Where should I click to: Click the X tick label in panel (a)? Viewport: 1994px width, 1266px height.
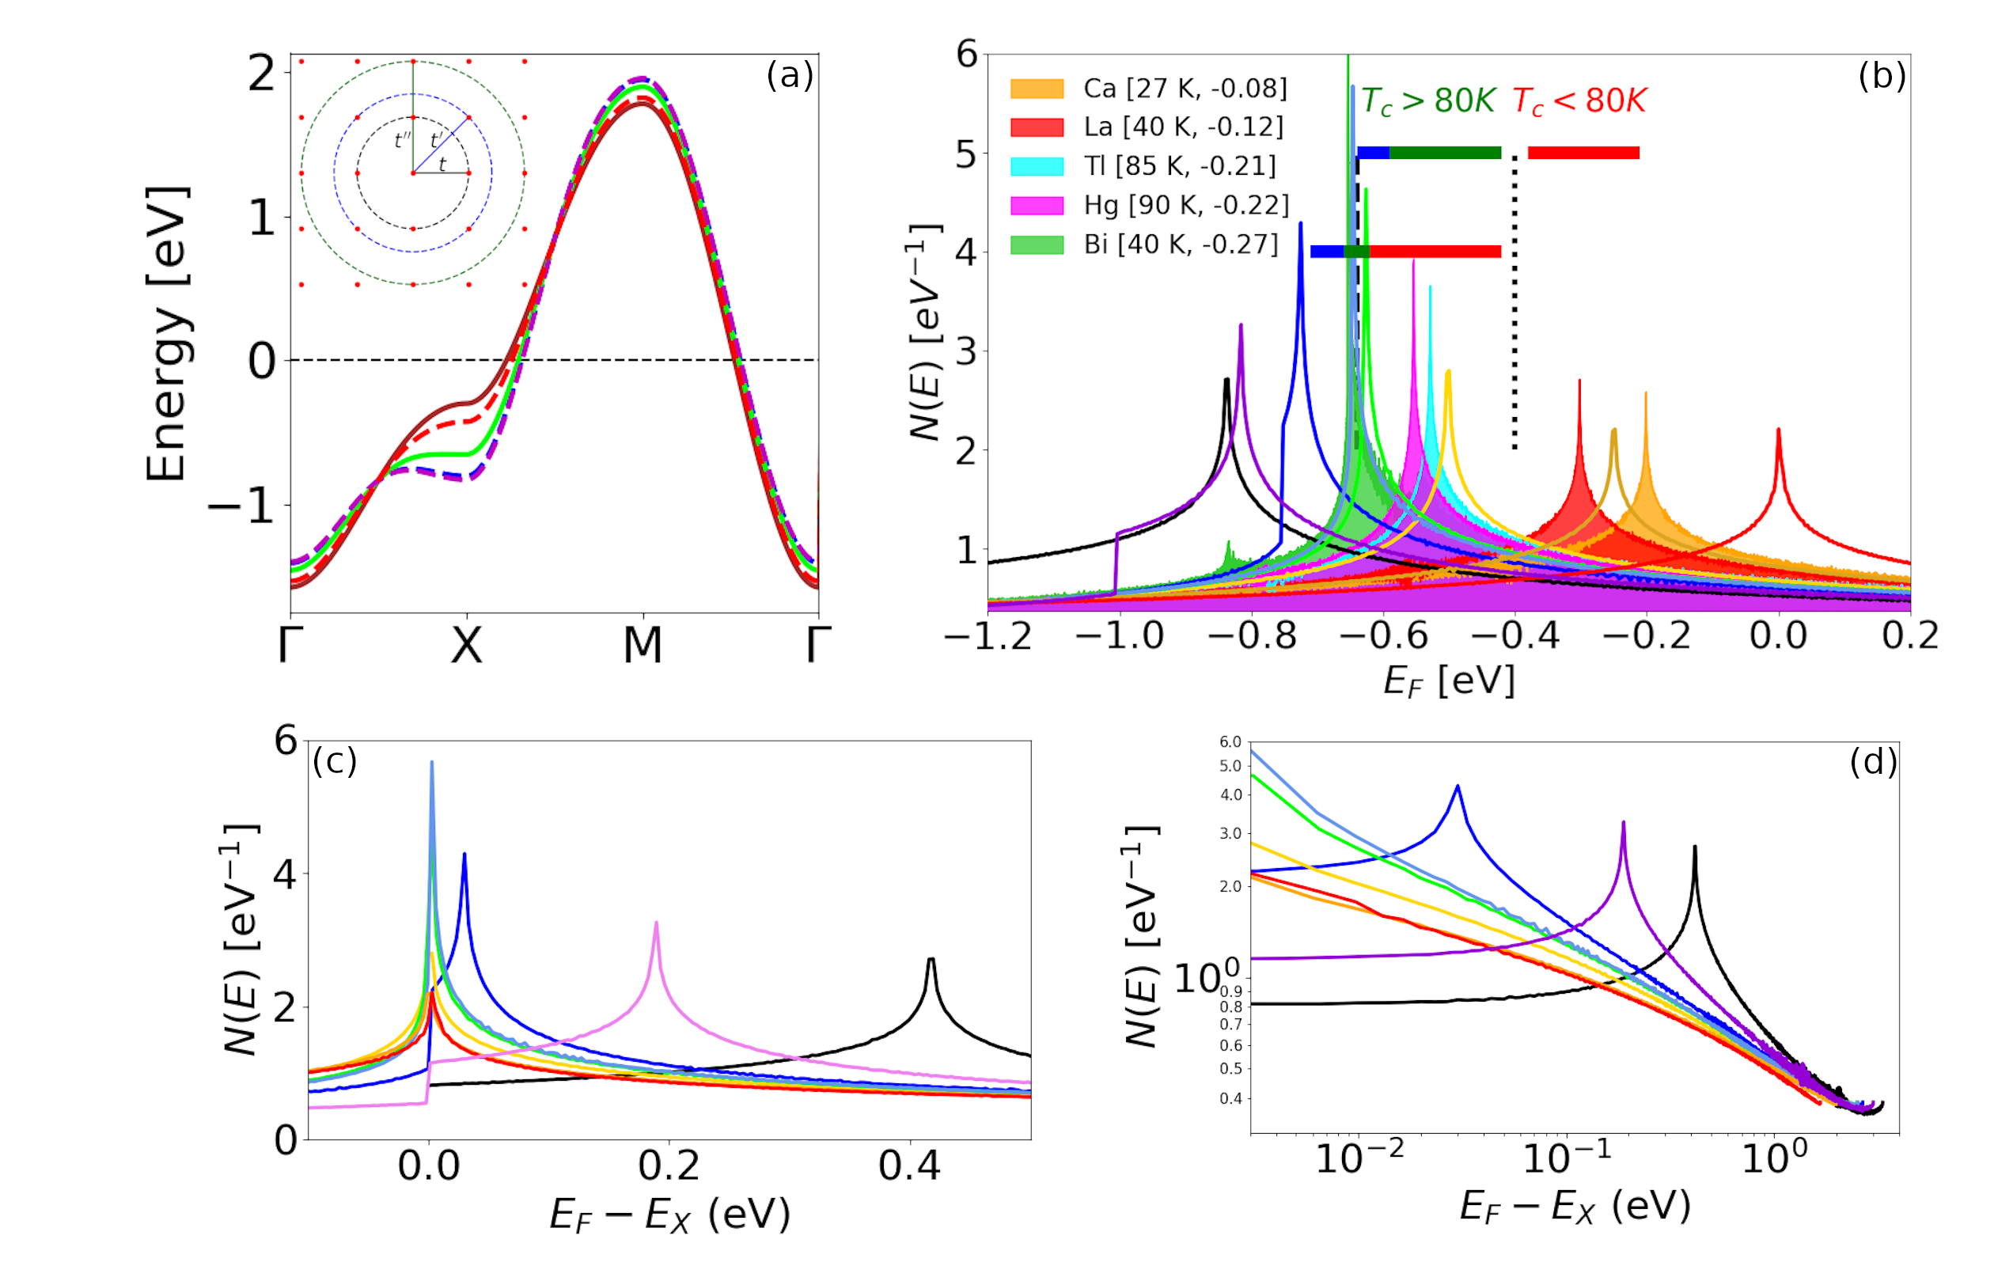tap(467, 645)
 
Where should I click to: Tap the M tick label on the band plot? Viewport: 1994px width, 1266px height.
tap(643, 645)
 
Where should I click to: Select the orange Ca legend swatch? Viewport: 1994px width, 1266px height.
tap(1037, 89)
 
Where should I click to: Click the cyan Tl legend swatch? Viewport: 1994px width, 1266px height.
tap(1037, 166)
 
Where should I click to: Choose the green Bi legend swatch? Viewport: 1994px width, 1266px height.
tap(1037, 244)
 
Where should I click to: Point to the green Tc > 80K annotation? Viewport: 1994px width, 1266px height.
tap(1427, 101)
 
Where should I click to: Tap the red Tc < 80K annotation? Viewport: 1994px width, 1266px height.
tap(1579, 101)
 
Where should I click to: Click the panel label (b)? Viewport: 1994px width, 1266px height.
tap(1882, 75)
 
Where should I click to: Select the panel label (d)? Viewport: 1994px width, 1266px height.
tap(1873, 761)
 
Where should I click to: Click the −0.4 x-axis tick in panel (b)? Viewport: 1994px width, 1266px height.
tap(1514, 636)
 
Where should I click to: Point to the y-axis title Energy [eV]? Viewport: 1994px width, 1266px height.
tap(167, 333)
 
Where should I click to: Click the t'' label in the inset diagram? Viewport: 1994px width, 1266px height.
tap(403, 140)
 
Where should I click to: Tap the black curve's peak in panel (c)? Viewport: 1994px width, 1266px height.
tap(931, 961)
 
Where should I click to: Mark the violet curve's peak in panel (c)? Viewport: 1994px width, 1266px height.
tap(657, 923)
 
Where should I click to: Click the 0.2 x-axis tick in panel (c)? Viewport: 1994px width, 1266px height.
tap(669, 1166)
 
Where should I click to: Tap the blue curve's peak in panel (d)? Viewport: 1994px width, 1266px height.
tap(1458, 787)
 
